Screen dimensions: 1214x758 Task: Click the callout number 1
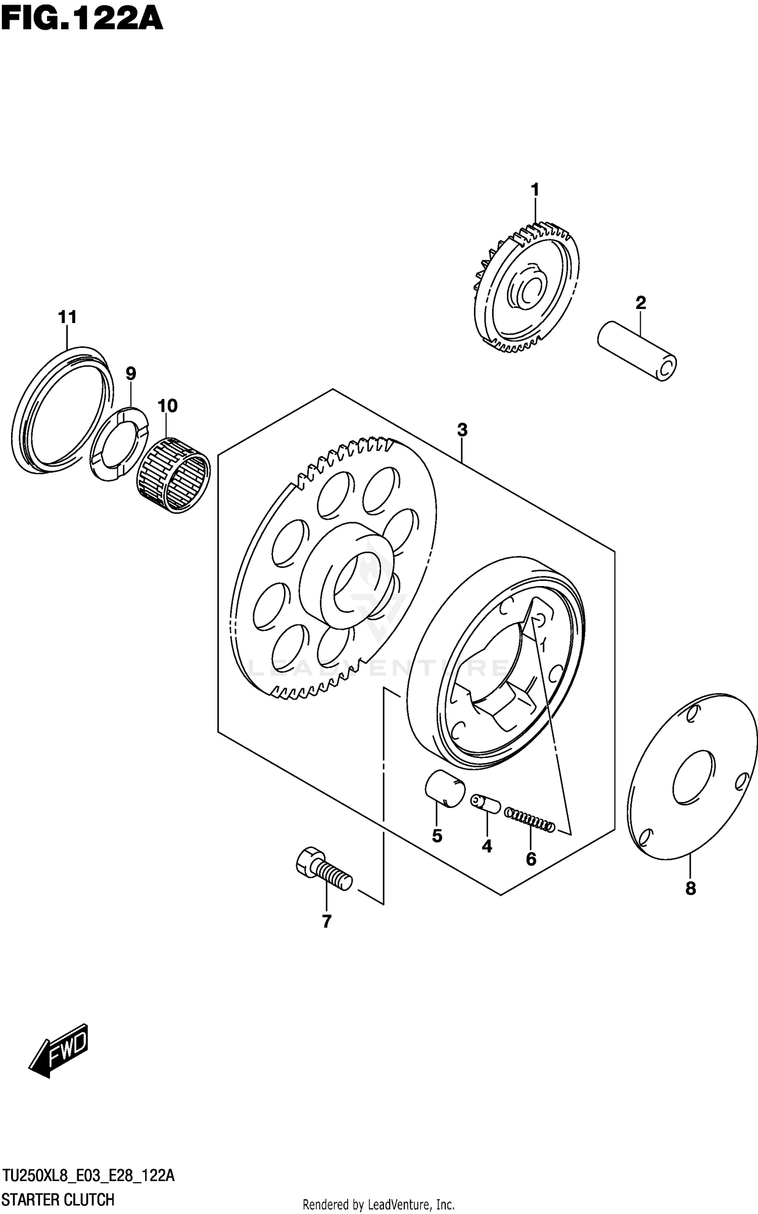click(x=535, y=191)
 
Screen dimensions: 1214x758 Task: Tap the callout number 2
click(x=640, y=303)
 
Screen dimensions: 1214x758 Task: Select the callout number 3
click(x=462, y=430)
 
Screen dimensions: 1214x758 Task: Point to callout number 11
click(x=67, y=318)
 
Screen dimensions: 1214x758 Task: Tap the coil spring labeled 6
click(x=530, y=820)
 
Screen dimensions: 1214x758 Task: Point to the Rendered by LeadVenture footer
click(x=378, y=1205)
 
